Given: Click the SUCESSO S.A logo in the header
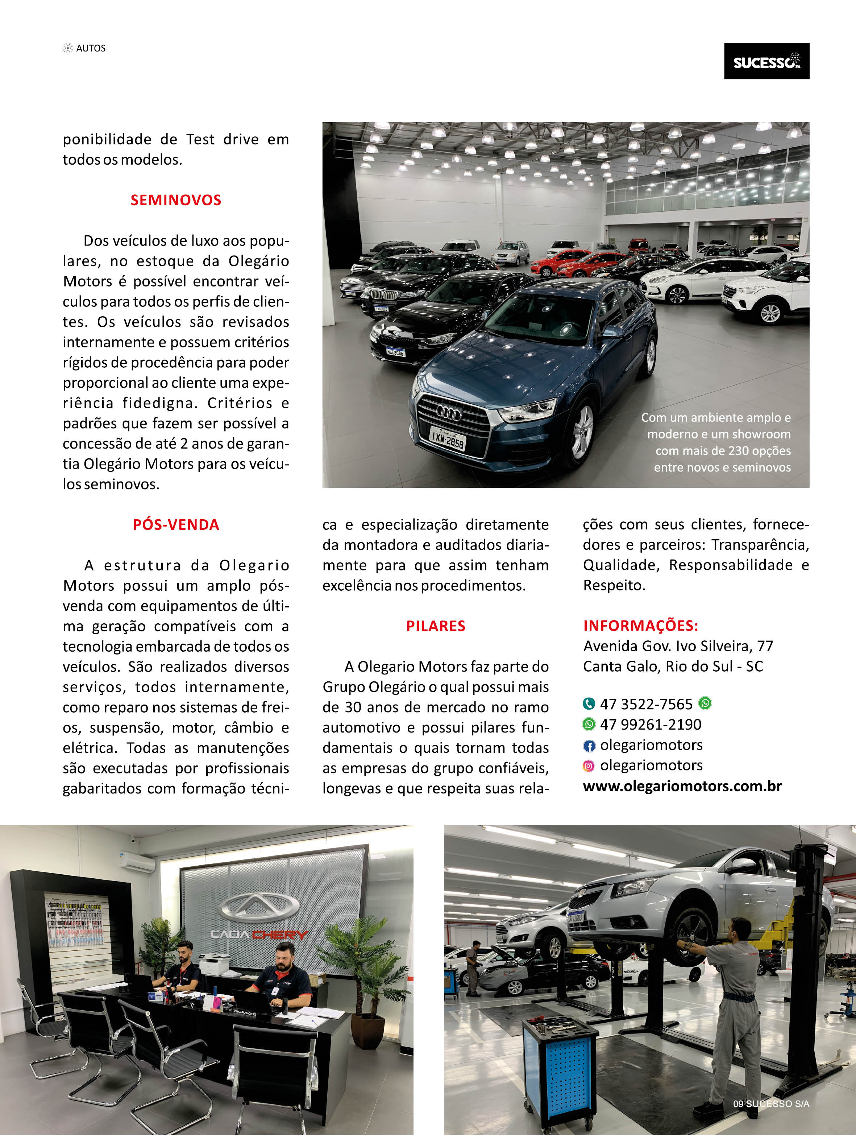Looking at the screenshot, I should [x=766, y=61].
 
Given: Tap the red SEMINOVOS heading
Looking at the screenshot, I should [x=175, y=200].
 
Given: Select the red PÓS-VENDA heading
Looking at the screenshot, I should [x=175, y=524].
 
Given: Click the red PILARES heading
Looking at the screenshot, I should [x=436, y=626].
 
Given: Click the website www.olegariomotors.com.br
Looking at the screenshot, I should [x=682, y=786].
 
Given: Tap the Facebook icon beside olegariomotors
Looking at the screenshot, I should [x=589, y=746].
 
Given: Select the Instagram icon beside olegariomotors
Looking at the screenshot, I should [x=589, y=766].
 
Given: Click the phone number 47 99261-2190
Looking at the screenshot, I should [x=650, y=725].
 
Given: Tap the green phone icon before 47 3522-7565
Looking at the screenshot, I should [x=589, y=703].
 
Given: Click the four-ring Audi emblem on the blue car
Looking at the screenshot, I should [x=449, y=412].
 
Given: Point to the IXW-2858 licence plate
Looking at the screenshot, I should [x=447, y=439].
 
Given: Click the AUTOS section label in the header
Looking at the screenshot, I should [x=91, y=48].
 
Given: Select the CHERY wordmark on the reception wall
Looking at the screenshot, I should [x=280, y=935].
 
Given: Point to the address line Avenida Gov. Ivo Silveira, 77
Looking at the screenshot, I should [x=678, y=646].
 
